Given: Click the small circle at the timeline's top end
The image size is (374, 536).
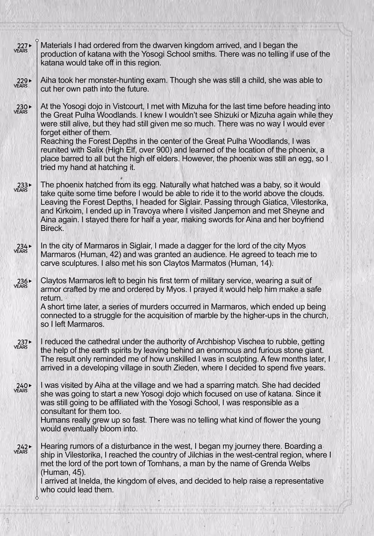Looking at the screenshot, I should coord(37,40).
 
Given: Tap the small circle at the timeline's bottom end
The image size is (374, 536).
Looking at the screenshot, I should coord(37,498).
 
